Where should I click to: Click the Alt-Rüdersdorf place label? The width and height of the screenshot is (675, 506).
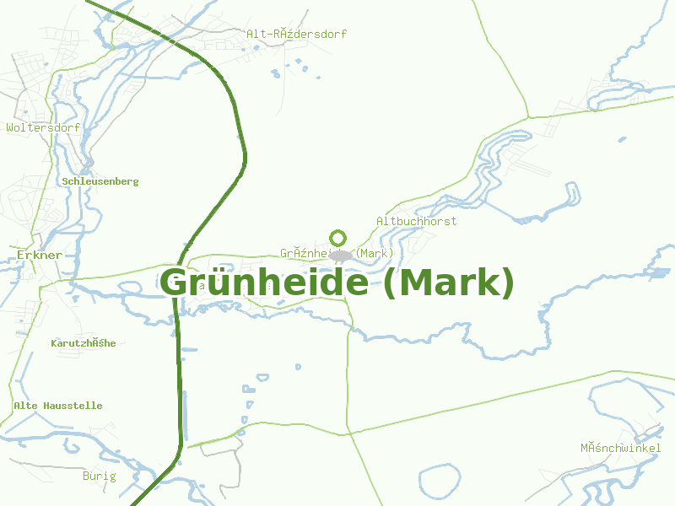coord(296,35)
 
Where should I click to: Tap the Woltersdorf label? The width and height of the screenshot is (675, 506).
coord(43,128)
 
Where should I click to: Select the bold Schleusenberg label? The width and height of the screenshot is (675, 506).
coord(100,181)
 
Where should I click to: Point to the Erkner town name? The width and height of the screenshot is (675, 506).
coord(39,255)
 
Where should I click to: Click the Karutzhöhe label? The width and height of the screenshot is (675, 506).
coord(84,343)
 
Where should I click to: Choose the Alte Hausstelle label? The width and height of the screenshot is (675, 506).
coord(58,406)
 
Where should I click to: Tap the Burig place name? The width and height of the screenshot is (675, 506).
coord(99,476)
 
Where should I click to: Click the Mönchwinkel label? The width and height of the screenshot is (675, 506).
coord(620,448)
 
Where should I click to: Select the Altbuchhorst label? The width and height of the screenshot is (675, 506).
coord(416,221)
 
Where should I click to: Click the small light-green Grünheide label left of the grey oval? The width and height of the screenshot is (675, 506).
coord(304,253)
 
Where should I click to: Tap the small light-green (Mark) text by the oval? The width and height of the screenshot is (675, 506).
coord(375,253)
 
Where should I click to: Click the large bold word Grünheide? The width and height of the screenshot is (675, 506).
coord(265,283)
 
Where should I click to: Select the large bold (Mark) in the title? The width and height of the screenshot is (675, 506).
coord(448,283)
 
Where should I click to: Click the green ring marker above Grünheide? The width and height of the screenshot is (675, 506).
coord(338,237)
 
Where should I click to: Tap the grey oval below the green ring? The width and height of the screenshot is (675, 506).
coord(340,255)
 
